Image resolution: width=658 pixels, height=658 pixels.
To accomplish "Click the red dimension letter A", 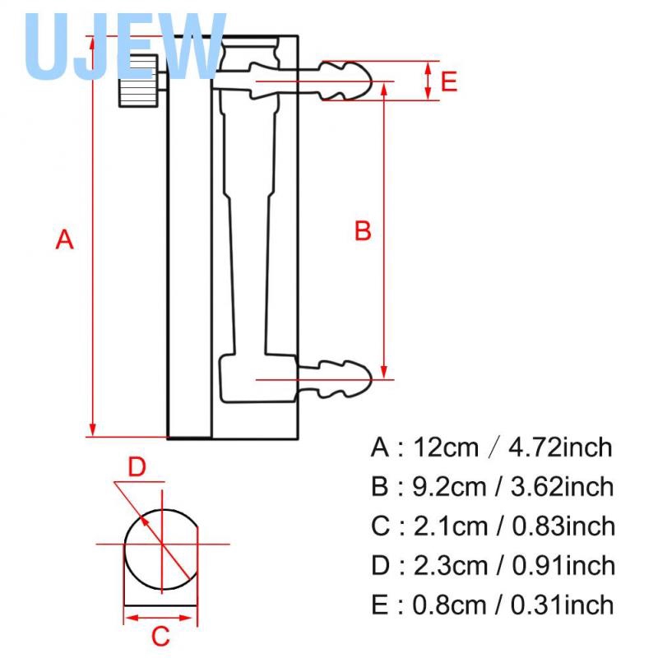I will [65, 240].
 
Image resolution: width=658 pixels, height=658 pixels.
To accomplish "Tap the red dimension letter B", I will [363, 231].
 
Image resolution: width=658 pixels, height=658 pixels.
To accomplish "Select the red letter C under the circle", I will [161, 636].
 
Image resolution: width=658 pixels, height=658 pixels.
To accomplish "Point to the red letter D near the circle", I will [137, 467].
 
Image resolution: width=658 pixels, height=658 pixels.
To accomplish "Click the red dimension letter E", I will [449, 81].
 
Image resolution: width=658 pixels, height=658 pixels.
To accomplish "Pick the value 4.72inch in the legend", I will [561, 447].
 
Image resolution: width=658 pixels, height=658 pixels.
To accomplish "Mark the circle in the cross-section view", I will [161, 544].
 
